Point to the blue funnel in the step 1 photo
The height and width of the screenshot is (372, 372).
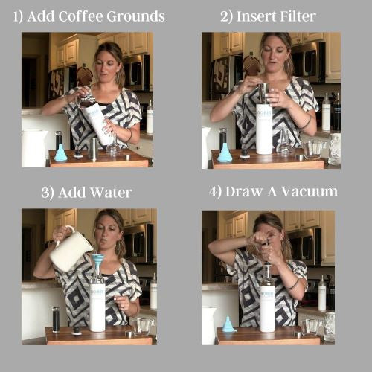coord(60,153)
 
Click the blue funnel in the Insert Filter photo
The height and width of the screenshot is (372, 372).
coord(225,153)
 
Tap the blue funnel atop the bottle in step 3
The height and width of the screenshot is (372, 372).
coord(97,263)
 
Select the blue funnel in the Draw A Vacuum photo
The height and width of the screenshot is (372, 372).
coord(228,324)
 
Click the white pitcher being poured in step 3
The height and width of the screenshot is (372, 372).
coord(70,251)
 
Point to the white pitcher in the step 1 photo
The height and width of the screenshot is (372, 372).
coord(34,149)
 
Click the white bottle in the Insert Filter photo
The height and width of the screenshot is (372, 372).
coord(264,129)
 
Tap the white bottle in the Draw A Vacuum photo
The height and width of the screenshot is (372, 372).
coord(267,307)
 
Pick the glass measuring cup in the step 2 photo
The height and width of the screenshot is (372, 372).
coord(314,150)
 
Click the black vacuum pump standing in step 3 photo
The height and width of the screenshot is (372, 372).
coord(56,320)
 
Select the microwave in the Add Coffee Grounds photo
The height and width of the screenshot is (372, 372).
coord(137,72)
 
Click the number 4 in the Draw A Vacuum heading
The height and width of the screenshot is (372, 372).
coord(213,191)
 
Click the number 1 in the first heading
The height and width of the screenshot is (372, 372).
coord(16,16)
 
